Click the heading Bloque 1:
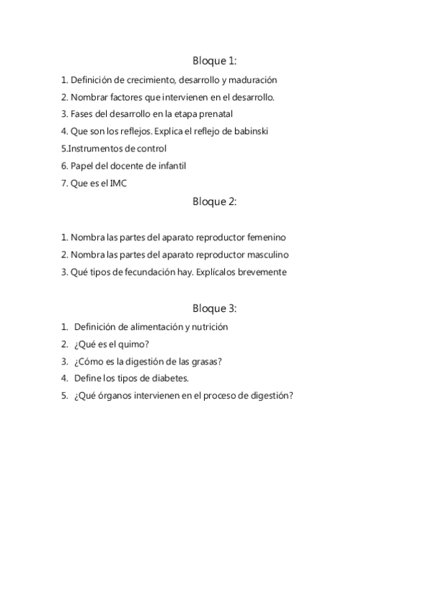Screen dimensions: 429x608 point(214,61)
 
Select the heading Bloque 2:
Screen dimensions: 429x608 point(214,201)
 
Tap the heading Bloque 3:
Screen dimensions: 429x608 point(214,308)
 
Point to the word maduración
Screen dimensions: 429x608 point(254,80)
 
